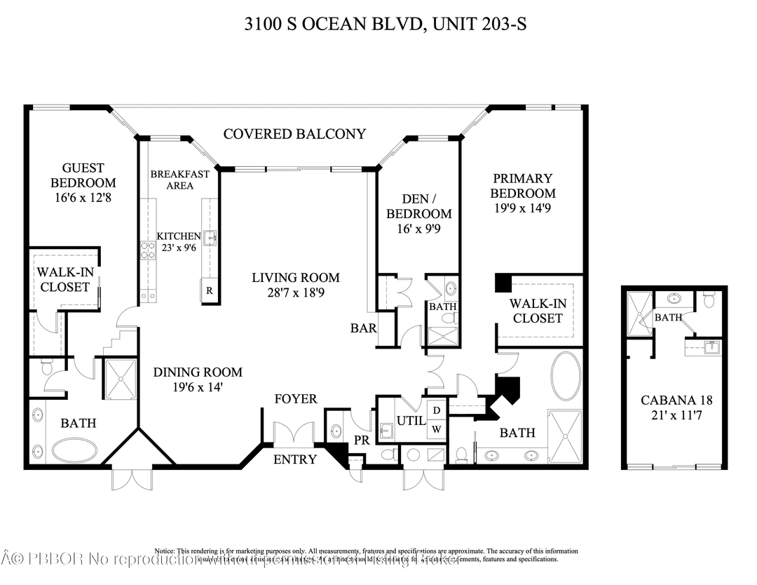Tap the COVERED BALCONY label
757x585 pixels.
[294, 133]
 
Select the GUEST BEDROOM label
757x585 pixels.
[83, 175]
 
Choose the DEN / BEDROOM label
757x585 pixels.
[418, 206]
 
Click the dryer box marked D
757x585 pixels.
[435, 410]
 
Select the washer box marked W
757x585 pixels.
[435, 429]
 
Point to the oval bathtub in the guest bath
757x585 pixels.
[74, 450]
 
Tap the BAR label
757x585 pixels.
[364, 328]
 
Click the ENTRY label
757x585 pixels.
[295, 459]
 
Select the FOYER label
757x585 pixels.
[295, 398]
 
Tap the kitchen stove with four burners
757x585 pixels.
[148, 250]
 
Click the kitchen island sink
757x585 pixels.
[210, 236]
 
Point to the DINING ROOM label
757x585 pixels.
[198, 372]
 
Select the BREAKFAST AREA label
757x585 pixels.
[179, 180]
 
